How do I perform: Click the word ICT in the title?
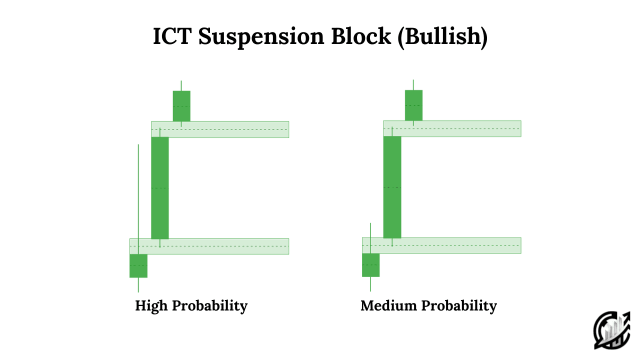(x=172, y=36)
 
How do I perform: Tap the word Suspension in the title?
(x=261, y=37)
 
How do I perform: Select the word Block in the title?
(x=361, y=36)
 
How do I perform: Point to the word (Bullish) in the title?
(x=442, y=37)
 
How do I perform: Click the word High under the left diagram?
(x=151, y=306)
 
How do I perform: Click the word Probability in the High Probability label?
(x=209, y=306)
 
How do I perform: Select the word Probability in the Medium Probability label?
(x=459, y=306)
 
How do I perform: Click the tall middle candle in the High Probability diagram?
(x=160, y=188)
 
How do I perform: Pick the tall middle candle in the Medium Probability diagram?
(x=392, y=187)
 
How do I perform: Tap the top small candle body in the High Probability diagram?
(x=181, y=106)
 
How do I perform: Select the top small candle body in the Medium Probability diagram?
(x=413, y=105)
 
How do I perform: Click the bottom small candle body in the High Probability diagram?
(x=138, y=265)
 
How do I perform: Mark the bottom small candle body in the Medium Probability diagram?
(x=371, y=265)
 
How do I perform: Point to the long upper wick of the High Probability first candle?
(x=138, y=199)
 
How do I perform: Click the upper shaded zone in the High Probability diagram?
(x=220, y=129)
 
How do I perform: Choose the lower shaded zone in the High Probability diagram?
(x=209, y=246)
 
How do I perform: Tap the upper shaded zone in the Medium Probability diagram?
(x=452, y=128)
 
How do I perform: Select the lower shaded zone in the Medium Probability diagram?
(x=441, y=245)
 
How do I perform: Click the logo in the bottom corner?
(x=612, y=330)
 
